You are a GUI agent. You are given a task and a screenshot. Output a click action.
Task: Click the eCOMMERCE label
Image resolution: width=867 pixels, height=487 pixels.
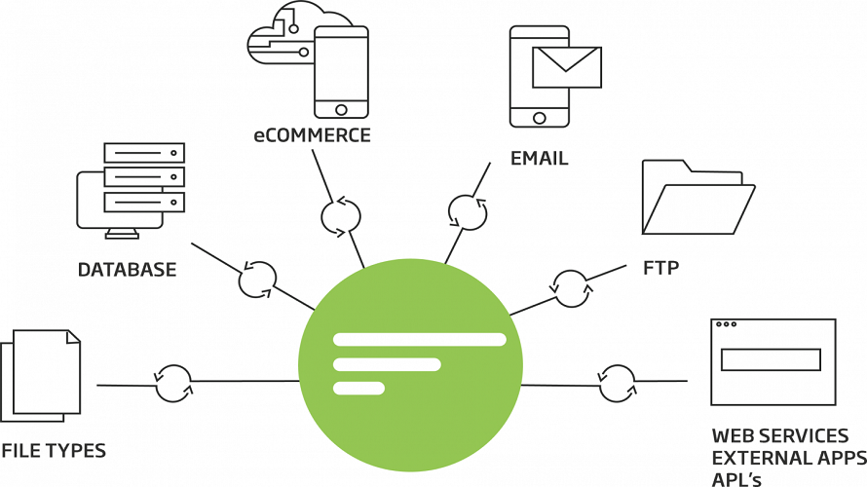[312, 135]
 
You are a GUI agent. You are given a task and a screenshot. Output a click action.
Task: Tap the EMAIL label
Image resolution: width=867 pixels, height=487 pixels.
[539, 159]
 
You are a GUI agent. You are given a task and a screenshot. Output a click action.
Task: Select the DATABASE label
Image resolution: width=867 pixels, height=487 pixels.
[128, 270]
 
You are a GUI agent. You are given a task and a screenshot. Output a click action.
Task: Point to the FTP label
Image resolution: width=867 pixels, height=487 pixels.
[660, 268]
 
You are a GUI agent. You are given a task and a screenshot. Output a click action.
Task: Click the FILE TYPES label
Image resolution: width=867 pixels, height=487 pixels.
[54, 451]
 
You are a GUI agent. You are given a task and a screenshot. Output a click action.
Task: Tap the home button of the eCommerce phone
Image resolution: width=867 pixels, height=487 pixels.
[341, 109]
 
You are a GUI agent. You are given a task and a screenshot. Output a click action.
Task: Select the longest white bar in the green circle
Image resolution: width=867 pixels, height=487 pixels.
[420, 339]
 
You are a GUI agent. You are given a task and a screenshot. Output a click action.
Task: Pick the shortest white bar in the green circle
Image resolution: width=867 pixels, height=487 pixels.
[358, 388]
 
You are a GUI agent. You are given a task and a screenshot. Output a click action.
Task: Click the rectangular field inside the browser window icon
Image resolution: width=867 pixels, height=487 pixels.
[771, 359]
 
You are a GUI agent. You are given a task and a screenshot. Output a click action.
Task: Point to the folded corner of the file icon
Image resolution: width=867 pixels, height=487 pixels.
[73, 337]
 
